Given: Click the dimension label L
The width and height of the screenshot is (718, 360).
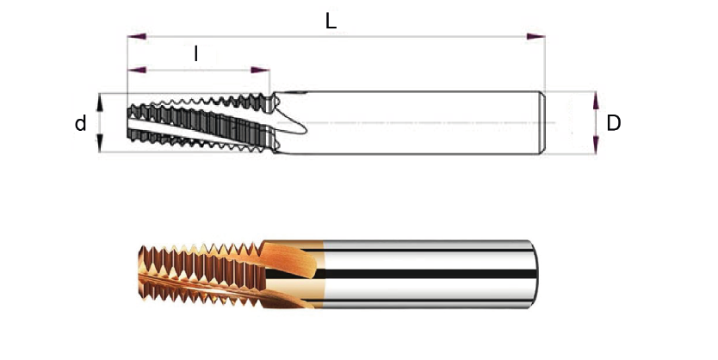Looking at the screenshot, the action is (x=331, y=22).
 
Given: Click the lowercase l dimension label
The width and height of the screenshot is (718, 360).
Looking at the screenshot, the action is (x=196, y=54).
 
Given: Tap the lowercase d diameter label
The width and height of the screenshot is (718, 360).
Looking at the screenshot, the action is (x=80, y=124).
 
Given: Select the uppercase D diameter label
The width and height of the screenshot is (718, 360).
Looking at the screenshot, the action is (x=614, y=123).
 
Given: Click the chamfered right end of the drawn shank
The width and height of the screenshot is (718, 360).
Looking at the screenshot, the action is (x=542, y=123).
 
